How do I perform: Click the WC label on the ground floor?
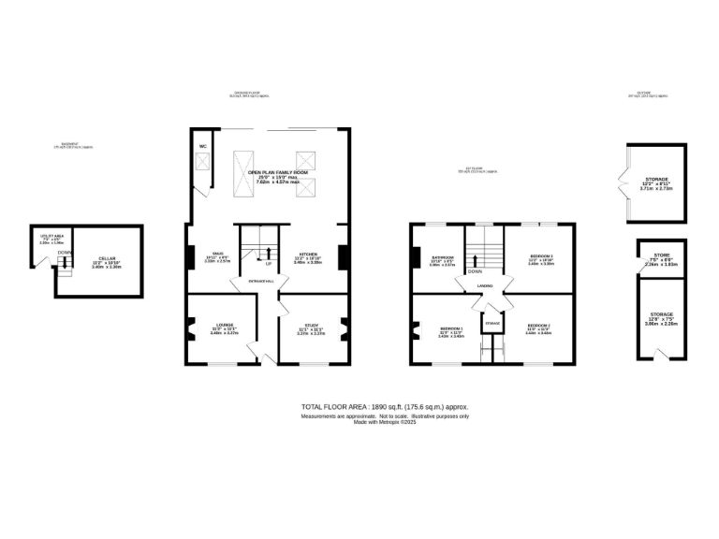[202, 146]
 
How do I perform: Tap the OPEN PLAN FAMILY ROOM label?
[277, 173]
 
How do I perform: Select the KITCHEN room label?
[308, 255]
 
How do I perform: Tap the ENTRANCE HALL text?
[260, 281]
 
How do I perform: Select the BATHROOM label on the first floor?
[442, 256]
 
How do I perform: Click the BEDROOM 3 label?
[541, 256]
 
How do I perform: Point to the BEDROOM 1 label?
[451, 328]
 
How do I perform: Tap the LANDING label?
[484, 286]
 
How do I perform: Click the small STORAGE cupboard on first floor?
[492, 323]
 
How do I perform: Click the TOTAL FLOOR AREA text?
[384, 407]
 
